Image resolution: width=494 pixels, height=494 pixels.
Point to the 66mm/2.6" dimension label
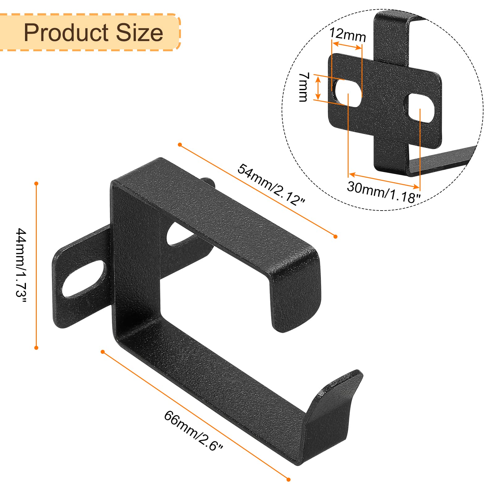pos(193,431)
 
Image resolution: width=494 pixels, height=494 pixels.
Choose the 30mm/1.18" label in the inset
pos(383,192)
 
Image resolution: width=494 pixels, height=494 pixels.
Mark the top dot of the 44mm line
pos(36,184)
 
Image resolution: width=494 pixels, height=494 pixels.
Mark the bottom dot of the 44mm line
pos(36,348)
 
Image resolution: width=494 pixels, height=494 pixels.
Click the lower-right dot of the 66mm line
pos(288,479)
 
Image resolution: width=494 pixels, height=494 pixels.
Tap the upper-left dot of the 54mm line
pos(180,144)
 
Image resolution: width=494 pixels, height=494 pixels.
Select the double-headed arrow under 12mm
pos(347,46)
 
